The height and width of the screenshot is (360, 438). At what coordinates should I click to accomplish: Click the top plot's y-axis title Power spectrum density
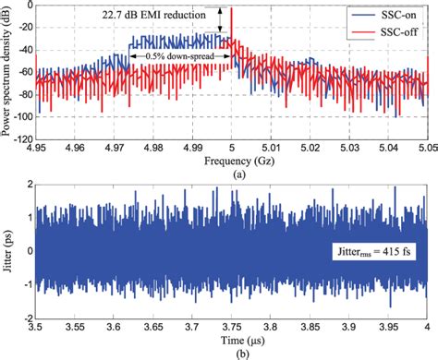pyautogui.click(x=8, y=70)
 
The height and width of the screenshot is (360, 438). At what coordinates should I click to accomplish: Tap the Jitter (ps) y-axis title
pyautogui.click(x=8, y=250)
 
